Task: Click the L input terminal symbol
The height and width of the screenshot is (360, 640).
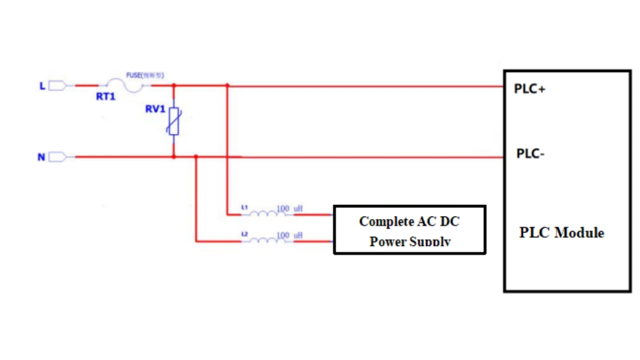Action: pos(57,86)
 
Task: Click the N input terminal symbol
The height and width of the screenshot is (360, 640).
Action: pos(57,157)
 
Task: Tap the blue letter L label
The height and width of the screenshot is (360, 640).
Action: pos(42,86)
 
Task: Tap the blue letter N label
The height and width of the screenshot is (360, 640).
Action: pos(41,157)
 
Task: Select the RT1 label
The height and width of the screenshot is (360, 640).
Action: pos(105,97)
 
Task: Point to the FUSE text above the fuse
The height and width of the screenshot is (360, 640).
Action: pos(144,75)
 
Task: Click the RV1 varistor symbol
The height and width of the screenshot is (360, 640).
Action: pos(173,121)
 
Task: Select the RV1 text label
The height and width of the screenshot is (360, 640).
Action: pos(155,109)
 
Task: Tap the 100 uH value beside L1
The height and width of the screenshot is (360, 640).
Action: pos(289,208)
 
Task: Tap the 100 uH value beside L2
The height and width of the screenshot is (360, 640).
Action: pos(289,235)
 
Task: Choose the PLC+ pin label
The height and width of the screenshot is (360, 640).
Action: pos(529,89)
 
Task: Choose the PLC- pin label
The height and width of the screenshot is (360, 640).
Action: pos(530,153)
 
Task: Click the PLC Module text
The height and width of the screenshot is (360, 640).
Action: pos(561,232)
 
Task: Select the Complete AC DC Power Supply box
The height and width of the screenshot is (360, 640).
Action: pos(409,229)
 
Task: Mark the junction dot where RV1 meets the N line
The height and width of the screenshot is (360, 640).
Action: pos(173,157)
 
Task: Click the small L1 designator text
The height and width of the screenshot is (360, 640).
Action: pos(244,206)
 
